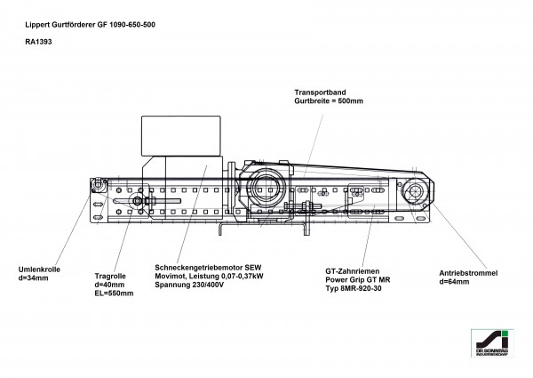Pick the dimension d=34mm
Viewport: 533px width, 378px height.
35,277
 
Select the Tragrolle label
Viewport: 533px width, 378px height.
109,276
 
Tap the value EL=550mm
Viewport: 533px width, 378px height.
114,293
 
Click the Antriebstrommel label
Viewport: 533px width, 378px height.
469,273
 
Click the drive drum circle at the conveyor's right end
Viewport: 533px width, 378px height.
414,190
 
